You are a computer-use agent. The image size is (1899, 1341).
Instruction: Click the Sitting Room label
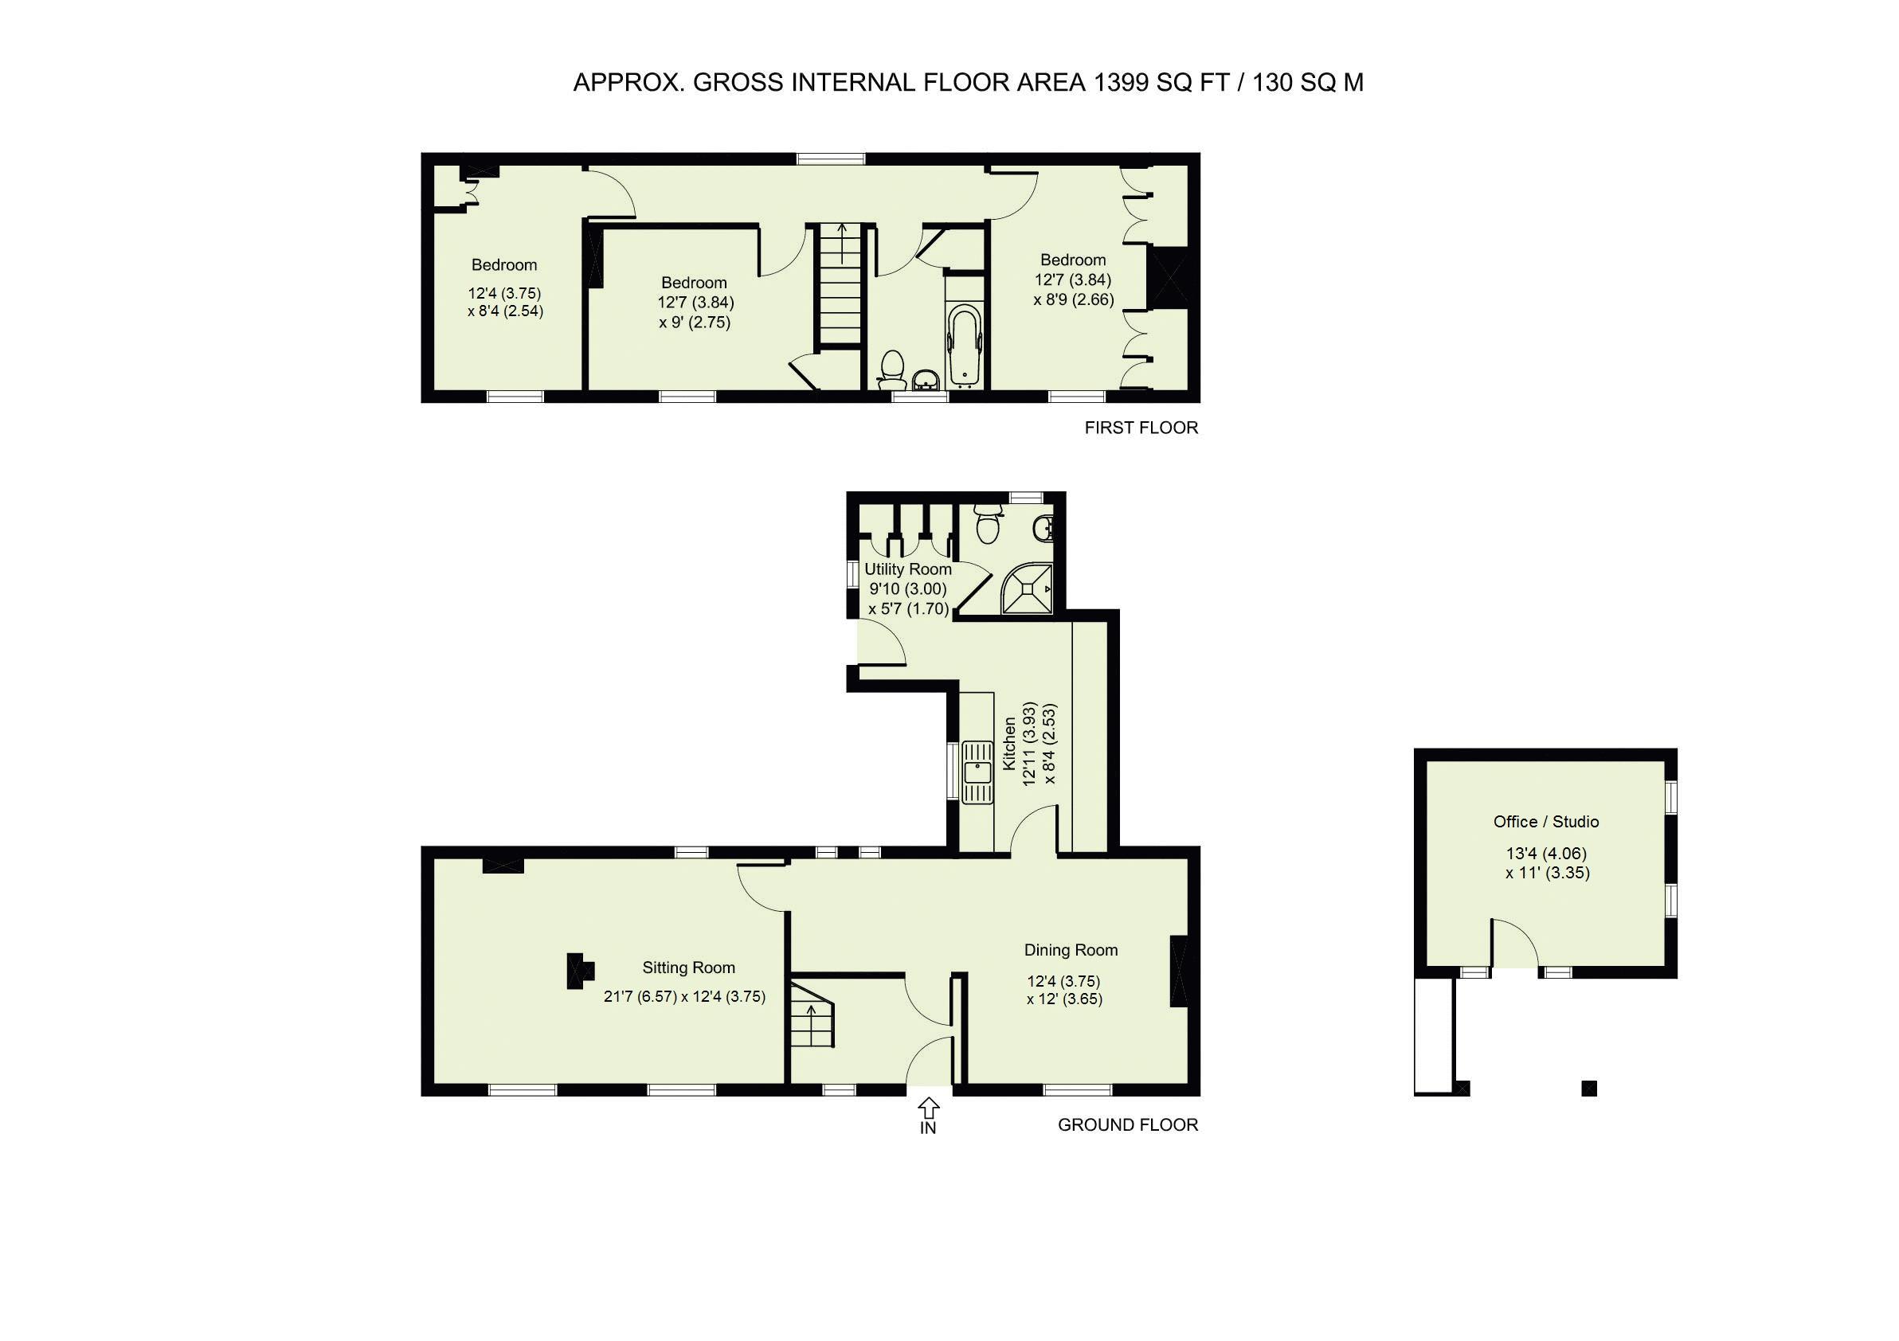(x=688, y=968)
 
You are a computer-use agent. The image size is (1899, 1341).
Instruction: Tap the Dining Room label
(x=1071, y=950)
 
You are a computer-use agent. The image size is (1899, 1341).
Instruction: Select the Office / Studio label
(x=1545, y=822)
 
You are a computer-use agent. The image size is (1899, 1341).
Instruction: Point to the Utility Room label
(x=907, y=569)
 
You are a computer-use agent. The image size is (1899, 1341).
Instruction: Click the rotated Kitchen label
(x=1009, y=743)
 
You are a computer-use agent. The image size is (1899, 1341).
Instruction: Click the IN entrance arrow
(x=928, y=1107)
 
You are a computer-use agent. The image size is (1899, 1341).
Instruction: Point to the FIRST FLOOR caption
(x=1141, y=428)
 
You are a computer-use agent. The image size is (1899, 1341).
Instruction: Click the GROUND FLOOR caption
(x=1127, y=1124)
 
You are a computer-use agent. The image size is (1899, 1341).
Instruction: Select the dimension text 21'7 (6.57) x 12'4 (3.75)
(x=684, y=996)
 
